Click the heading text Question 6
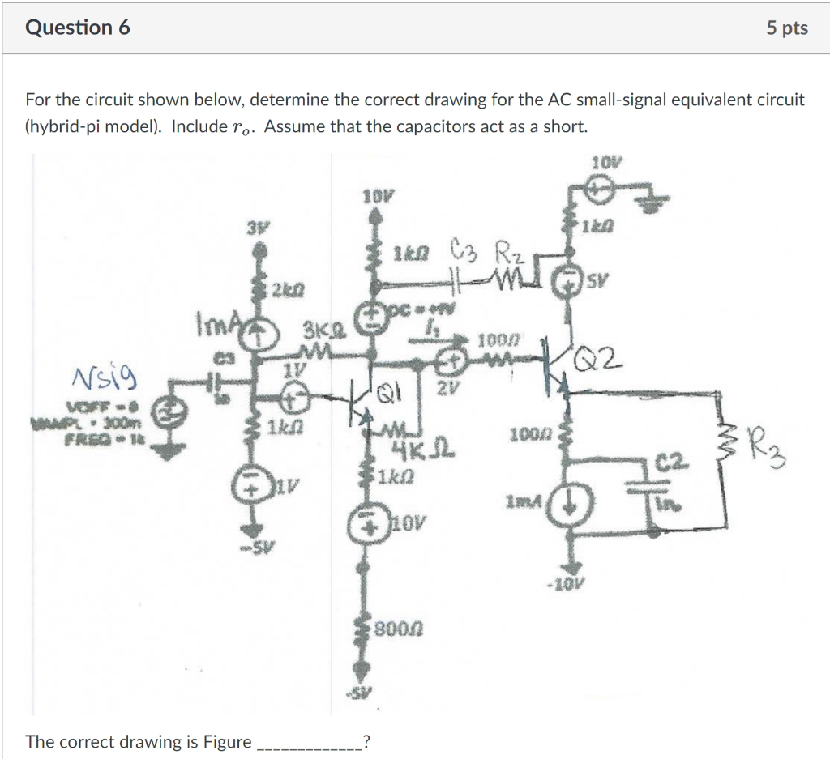(x=78, y=28)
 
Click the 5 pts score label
(x=786, y=28)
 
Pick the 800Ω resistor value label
(x=400, y=627)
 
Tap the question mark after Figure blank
(x=368, y=740)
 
